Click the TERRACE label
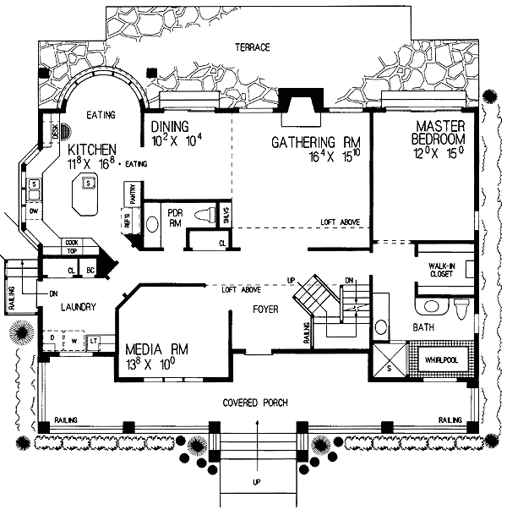253,48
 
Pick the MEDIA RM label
158,348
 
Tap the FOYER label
265,310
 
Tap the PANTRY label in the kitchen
133,194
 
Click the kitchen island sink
87,182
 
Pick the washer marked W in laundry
73,342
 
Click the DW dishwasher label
34,210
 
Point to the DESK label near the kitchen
55,131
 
